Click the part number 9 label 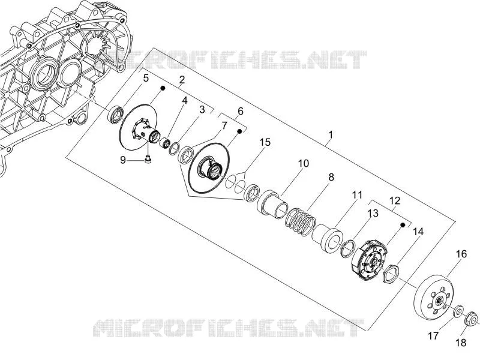pos(123,160)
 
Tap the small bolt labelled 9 pos(148,160)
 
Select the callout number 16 pos(461,254)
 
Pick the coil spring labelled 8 pos(301,222)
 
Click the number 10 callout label pos(304,163)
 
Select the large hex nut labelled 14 pos(391,274)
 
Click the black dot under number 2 pos(163,88)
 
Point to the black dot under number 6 pos(239,131)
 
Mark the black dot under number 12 pos(403,225)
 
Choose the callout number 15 pos(265,142)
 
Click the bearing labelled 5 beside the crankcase pos(116,115)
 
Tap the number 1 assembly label pos(331,134)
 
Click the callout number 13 pos(373,213)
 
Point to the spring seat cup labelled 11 pos(328,238)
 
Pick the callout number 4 pos(184,100)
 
